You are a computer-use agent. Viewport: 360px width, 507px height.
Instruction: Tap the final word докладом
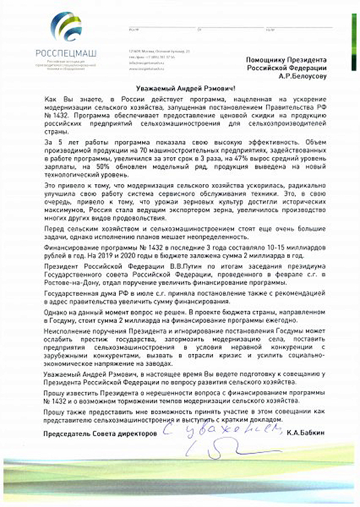[265, 419]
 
